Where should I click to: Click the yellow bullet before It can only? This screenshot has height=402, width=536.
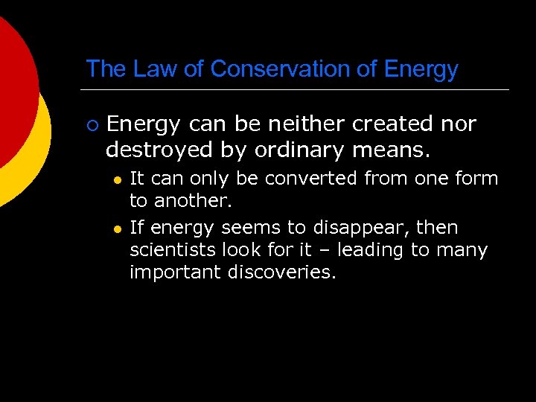[x=117, y=179]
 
